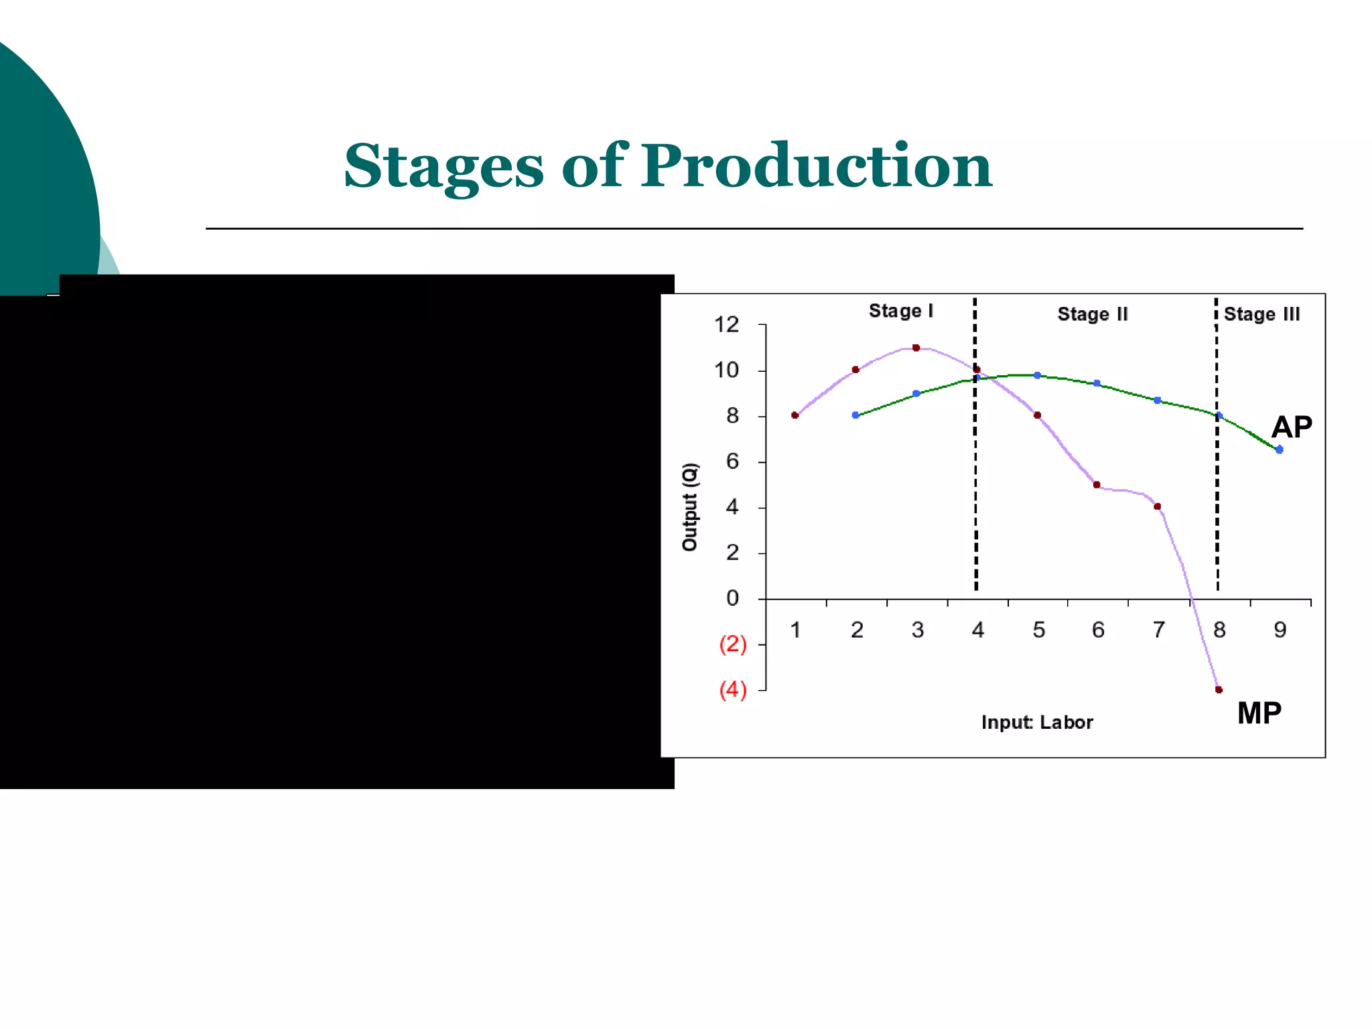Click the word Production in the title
click(x=816, y=165)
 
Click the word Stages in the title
click(x=443, y=165)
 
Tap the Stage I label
click(x=900, y=311)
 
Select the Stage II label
click(x=1092, y=314)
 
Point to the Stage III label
click(x=1261, y=314)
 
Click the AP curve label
click(x=1291, y=427)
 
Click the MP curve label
click(x=1259, y=713)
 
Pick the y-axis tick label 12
click(x=726, y=325)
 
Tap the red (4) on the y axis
click(x=732, y=689)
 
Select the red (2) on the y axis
click(x=732, y=644)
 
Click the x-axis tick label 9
click(x=1280, y=630)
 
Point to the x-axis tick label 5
click(x=1038, y=630)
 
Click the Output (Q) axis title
click(x=689, y=507)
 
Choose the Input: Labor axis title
click(x=1036, y=722)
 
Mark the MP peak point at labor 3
click(x=916, y=348)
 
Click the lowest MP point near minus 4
click(x=1219, y=689)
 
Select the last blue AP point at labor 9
click(x=1279, y=450)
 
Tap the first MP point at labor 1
click(x=795, y=415)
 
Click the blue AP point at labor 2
click(x=855, y=415)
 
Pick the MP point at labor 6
click(x=1097, y=485)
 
